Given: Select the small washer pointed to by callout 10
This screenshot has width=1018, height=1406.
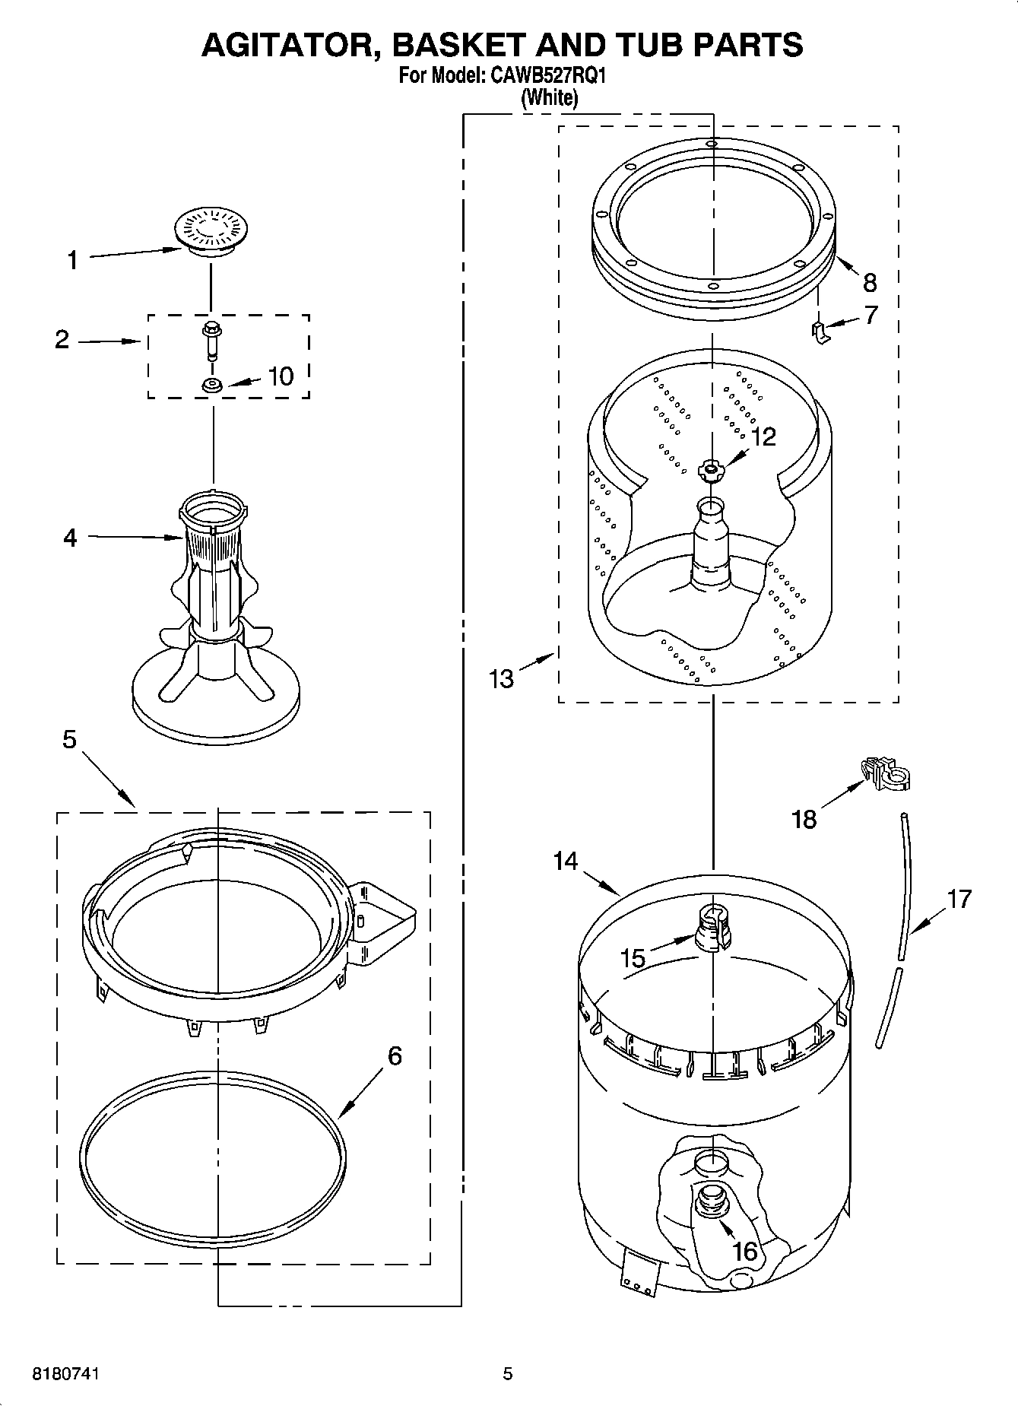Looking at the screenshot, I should [211, 386].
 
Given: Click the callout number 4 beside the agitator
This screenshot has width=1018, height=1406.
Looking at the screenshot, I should [70, 538].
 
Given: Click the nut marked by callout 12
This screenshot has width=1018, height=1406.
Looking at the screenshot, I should [711, 471].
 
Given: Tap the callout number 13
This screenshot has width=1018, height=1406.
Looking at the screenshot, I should [502, 678].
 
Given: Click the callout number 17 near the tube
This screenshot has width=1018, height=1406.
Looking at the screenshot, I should [959, 899].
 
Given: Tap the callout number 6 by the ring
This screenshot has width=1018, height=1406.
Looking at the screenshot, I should [395, 1055].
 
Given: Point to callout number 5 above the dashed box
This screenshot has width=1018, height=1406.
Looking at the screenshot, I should [69, 738].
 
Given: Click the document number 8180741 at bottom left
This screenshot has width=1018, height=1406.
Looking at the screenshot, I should [66, 1373].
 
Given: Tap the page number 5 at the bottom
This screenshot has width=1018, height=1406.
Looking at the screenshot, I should [508, 1373].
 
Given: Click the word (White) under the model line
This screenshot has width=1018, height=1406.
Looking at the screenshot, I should [548, 97].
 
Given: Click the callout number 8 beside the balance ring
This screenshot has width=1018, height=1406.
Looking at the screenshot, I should [870, 283].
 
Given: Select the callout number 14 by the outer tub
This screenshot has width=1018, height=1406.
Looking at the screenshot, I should [565, 861].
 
